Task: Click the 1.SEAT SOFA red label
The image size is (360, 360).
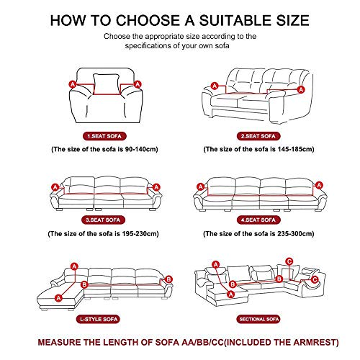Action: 104,136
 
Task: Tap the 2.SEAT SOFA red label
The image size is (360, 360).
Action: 258,136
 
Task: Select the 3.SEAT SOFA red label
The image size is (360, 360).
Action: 103,220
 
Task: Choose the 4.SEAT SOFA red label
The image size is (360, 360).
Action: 258,220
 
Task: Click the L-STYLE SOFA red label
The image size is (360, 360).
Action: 98,319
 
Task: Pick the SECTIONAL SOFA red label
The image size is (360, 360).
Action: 259,319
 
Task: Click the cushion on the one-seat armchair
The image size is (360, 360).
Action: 106,84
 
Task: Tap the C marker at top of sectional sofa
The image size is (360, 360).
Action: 289,261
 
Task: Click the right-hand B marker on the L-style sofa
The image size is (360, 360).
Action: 168,279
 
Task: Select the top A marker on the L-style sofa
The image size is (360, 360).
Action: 75,266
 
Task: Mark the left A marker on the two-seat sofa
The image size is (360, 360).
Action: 215,86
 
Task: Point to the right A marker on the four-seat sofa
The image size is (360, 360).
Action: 319,185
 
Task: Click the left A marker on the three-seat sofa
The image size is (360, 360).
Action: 55,187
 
